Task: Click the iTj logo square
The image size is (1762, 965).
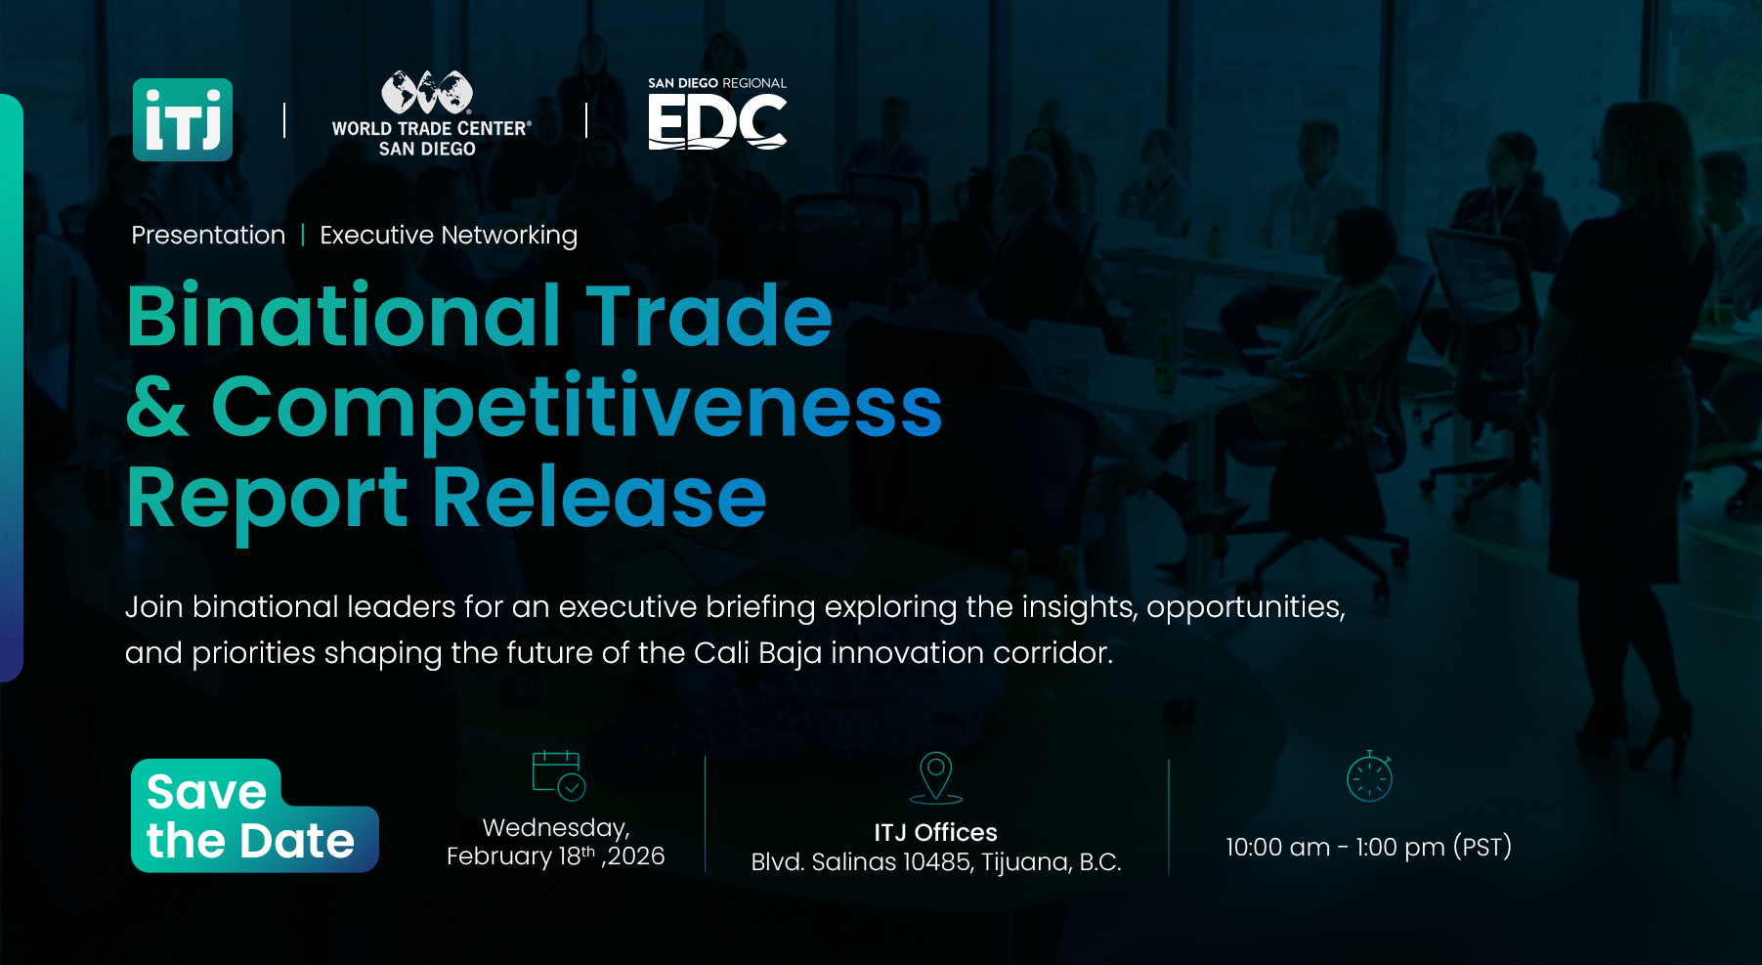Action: pos(183,119)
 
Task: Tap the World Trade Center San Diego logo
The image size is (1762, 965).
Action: pos(431,113)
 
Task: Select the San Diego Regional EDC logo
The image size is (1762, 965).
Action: pos(717,112)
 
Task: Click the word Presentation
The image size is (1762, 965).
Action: pos(208,236)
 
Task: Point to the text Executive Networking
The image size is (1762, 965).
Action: pos(449,236)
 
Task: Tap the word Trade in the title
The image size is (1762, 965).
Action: pos(709,316)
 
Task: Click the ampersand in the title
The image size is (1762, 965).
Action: pos(157,407)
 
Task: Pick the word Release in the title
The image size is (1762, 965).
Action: pos(599,497)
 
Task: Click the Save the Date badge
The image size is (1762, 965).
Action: pos(254,815)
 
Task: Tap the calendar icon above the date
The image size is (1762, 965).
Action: pos(558,775)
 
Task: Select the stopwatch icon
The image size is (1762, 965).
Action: pos(1369,776)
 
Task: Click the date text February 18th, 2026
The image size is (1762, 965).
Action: pos(555,856)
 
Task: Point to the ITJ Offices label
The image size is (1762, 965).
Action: pos(935,832)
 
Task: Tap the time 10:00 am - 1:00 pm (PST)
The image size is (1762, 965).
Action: pos(1368,847)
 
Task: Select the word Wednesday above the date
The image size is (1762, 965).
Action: pos(555,828)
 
